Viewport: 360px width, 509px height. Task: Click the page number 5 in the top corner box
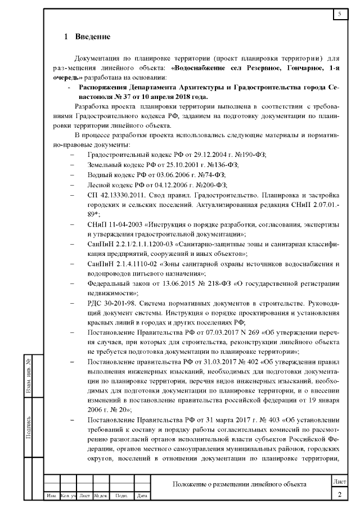340,13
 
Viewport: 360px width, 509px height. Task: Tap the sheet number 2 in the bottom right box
340,494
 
